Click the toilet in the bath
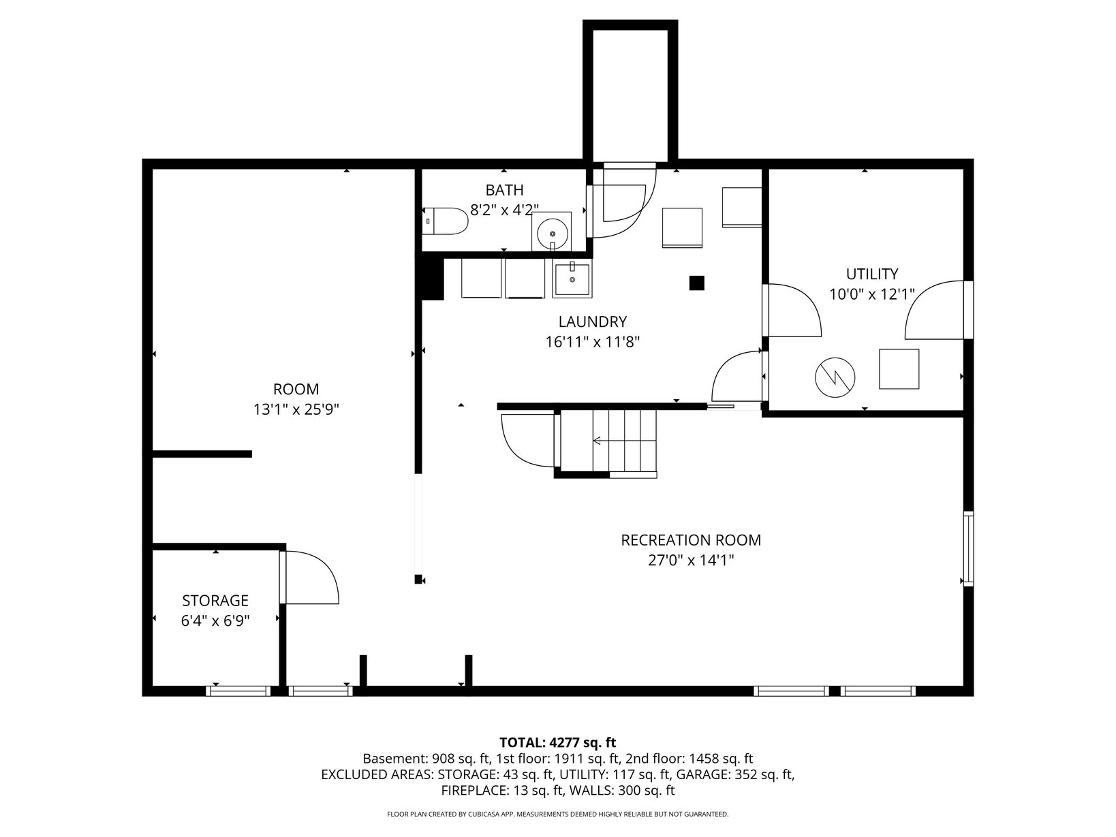point(445,221)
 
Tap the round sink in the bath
point(552,234)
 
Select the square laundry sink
point(572,279)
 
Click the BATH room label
point(504,190)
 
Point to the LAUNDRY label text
point(592,321)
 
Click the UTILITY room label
point(872,274)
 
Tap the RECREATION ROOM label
point(690,539)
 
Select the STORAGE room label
point(215,600)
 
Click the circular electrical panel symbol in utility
point(835,377)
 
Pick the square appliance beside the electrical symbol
point(899,369)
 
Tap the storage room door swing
point(309,578)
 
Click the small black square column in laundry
point(696,283)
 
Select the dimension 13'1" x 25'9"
point(296,409)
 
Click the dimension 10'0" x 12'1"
point(872,294)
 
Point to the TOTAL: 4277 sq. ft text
point(558,742)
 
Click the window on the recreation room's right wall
point(968,549)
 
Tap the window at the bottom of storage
point(238,691)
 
